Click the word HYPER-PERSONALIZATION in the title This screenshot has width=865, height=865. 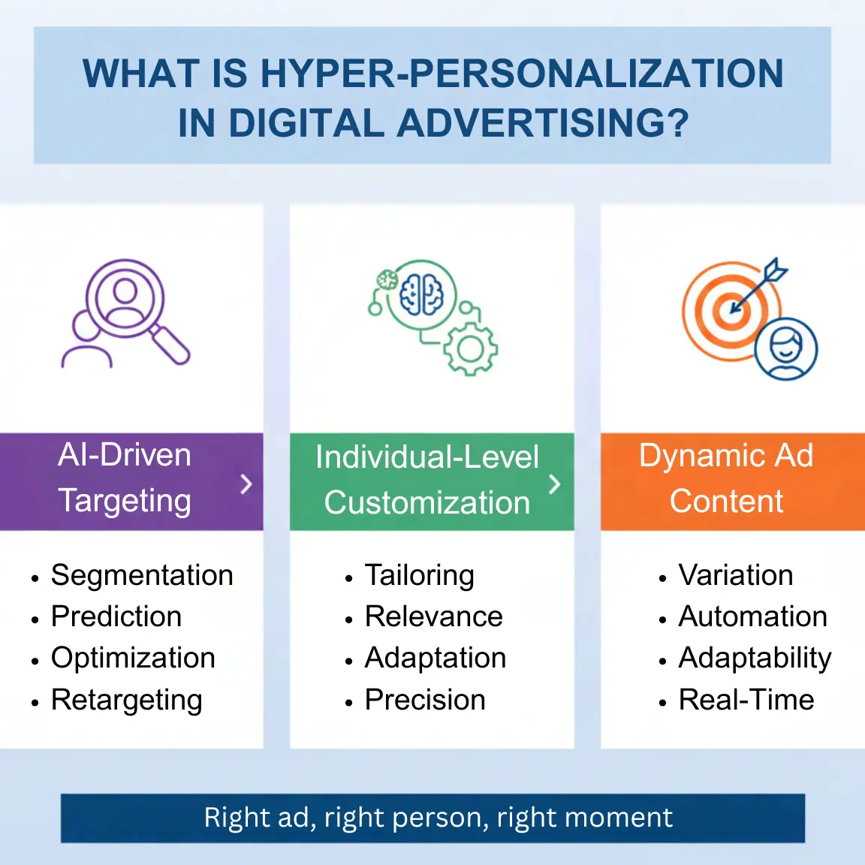coord(522,74)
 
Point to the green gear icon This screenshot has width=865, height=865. coord(471,348)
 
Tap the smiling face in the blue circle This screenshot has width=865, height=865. coord(785,349)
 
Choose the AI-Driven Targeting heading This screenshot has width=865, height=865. coord(125,478)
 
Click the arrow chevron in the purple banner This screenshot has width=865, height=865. coord(246,484)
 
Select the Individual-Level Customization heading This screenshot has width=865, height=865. coord(426,480)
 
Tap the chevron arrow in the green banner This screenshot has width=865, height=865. coord(555,484)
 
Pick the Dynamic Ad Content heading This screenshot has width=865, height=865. coord(726,478)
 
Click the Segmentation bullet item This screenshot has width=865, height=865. coord(142,575)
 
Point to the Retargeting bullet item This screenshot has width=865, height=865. coord(126,700)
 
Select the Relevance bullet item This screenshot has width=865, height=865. coord(433,616)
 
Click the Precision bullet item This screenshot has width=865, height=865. coord(425,700)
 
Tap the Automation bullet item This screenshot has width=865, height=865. coord(752,616)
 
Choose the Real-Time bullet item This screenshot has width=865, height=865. coord(746,700)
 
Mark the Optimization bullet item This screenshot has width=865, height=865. coord(133,658)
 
